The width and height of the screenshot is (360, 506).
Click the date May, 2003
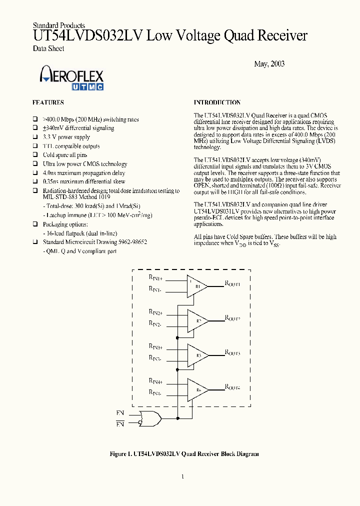click(x=269, y=64)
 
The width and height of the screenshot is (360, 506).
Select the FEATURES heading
click(x=48, y=102)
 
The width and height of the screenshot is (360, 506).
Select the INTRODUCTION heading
click(x=217, y=102)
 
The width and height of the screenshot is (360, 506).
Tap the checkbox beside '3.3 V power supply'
click(x=35, y=137)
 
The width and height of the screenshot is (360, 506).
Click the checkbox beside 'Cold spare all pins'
click(x=35, y=155)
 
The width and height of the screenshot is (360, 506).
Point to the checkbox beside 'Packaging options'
click(x=35, y=224)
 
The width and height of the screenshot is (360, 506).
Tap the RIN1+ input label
click(x=155, y=277)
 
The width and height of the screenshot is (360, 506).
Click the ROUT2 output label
click(x=232, y=318)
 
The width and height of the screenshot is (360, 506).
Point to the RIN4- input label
click(x=155, y=393)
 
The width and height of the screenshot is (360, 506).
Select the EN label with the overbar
click(x=120, y=424)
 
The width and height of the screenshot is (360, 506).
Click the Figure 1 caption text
click(x=184, y=454)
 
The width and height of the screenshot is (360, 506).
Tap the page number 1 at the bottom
click(x=182, y=476)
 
